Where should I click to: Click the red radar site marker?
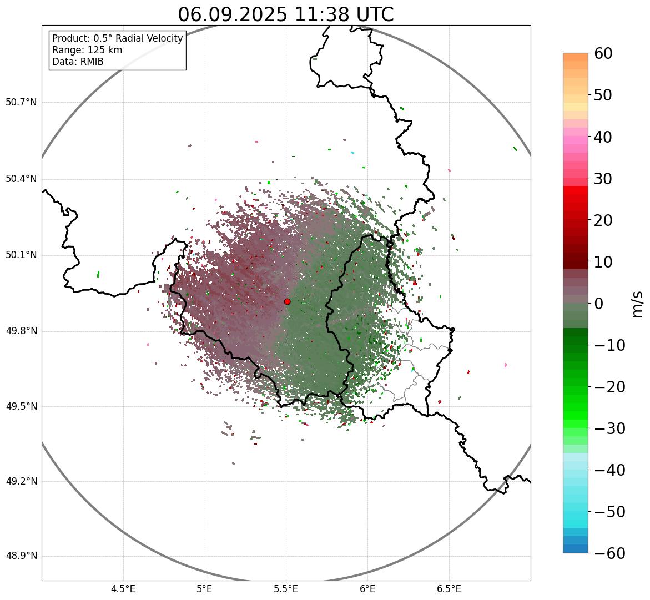[x=287, y=301]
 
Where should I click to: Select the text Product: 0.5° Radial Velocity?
[x=117, y=38]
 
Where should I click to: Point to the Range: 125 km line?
[x=87, y=50]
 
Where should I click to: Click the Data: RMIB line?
[x=78, y=62]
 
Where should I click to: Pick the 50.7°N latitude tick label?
[x=21, y=103]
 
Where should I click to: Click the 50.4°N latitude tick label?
[x=21, y=179]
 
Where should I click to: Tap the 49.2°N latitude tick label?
[x=21, y=481]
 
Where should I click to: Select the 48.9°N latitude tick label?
[x=21, y=556]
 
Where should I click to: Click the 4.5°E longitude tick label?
[x=123, y=589]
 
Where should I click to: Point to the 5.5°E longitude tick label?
[x=286, y=589]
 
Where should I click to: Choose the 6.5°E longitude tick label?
[x=449, y=589]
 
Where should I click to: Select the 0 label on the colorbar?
[x=599, y=304]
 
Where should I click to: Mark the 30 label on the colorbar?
[x=603, y=179]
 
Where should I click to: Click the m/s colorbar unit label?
[x=638, y=304]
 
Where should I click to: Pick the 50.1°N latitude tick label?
[x=21, y=255]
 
